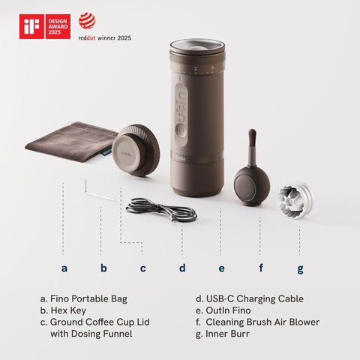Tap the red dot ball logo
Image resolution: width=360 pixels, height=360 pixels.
coord(88,20)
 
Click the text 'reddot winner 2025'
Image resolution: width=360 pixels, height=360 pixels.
coord(105,37)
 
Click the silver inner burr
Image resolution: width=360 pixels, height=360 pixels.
coord(295,201)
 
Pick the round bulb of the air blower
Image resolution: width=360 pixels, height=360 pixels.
coord(251,185)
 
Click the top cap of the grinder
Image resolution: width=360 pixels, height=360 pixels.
coord(196,49)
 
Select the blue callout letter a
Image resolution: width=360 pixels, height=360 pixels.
coord(64,268)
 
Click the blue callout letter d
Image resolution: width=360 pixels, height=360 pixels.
coord(181,268)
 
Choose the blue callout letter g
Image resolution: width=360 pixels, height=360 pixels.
coord(300,268)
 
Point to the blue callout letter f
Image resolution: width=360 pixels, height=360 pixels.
coord(261,268)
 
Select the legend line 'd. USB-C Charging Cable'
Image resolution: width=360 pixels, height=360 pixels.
coord(249,298)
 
